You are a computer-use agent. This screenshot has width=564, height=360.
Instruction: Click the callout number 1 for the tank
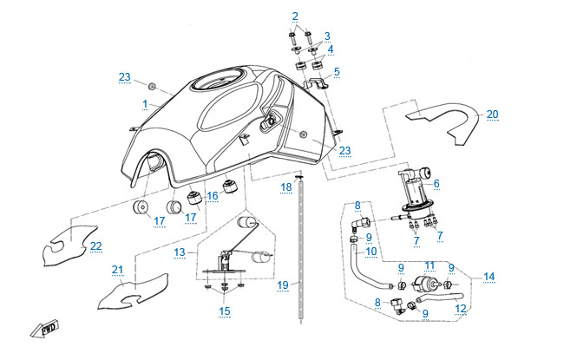click(145, 104)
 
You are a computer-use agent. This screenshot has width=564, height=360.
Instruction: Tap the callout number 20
click(492, 114)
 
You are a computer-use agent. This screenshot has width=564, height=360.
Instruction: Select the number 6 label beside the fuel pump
click(436, 184)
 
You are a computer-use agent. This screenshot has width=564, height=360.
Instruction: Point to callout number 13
click(180, 252)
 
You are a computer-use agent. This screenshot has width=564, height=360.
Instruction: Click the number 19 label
click(281, 284)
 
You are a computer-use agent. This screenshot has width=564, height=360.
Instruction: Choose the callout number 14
click(489, 277)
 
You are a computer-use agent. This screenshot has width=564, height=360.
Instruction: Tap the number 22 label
click(95, 246)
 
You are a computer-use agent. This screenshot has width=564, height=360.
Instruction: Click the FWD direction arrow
click(43, 330)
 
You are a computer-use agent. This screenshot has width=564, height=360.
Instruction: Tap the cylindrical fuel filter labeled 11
click(428, 284)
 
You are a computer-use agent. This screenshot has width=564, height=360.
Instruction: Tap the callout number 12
click(460, 308)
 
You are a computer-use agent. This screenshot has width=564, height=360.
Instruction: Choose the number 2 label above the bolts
click(295, 16)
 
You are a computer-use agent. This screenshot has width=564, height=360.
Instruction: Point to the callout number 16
click(212, 197)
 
